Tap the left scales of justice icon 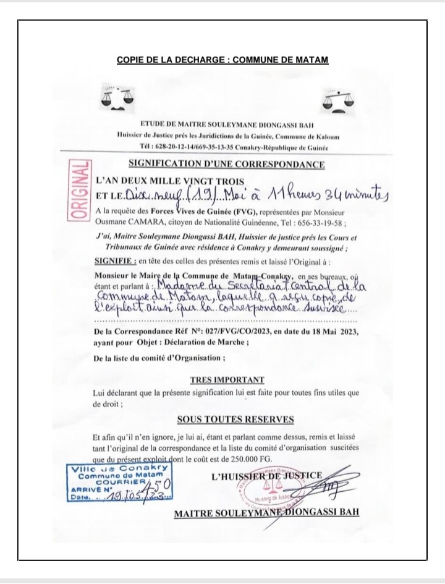pyautogui.click(x=120, y=98)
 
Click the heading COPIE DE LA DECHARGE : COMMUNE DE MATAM pyautogui.click(x=222, y=60)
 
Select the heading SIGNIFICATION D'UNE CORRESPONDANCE pyautogui.click(x=226, y=165)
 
